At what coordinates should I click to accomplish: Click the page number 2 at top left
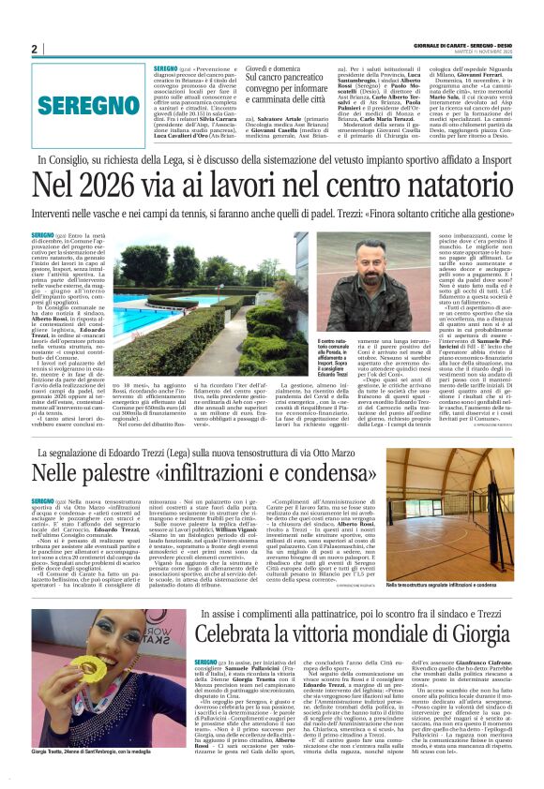coord(35,49)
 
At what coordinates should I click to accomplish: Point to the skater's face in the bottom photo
coord(104,646)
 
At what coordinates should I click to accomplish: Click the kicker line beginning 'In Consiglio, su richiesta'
coord(272,161)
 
